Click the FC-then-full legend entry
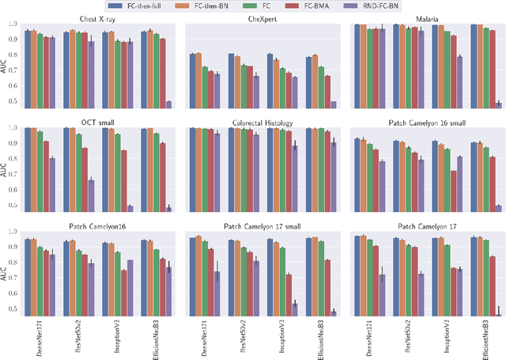(x=160, y=6)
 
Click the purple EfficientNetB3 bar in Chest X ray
(x=168, y=104)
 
